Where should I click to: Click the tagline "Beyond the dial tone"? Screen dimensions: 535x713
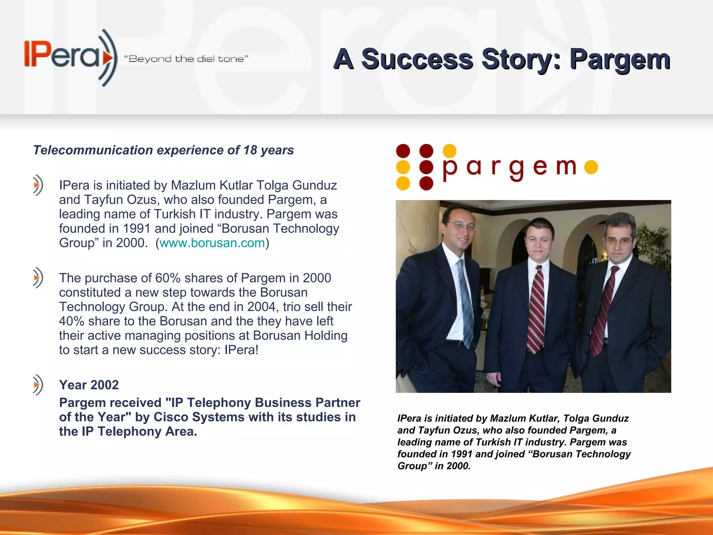[x=186, y=59]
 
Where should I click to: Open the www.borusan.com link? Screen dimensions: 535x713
[x=212, y=243]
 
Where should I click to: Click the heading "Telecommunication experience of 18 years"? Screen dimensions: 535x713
[x=163, y=150]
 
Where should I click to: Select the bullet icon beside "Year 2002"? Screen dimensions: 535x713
[x=38, y=385]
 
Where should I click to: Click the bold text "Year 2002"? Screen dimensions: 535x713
[x=89, y=385]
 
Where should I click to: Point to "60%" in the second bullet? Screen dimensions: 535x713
[x=168, y=278]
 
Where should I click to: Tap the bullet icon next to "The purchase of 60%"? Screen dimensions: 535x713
[x=38, y=278]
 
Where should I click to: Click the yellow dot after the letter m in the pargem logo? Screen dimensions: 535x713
[x=591, y=167]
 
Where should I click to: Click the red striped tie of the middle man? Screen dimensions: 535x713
[x=536, y=310]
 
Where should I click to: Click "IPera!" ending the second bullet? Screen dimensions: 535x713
[x=241, y=350]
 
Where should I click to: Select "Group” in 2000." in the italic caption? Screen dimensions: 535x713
[x=434, y=466]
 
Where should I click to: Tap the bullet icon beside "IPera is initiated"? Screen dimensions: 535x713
[x=38, y=185]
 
